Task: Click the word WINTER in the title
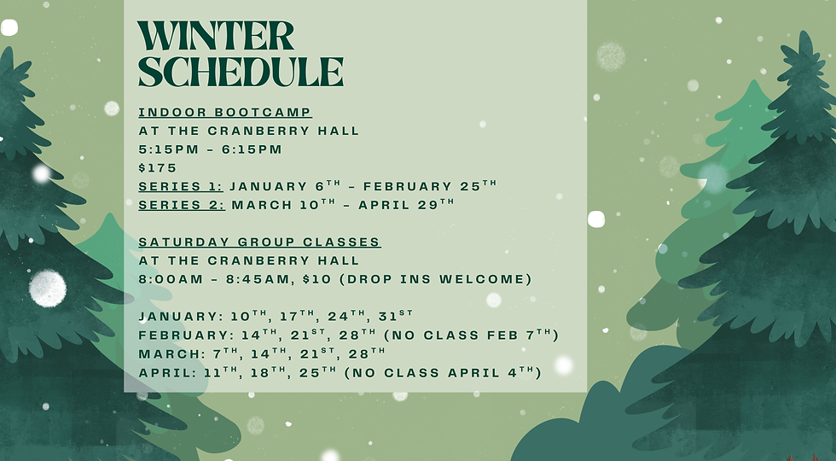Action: tap(216, 37)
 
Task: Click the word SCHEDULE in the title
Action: tap(241, 73)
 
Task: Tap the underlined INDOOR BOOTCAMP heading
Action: tap(225, 112)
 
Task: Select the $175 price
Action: tap(158, 167)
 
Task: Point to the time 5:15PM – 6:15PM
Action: tap(210, 149)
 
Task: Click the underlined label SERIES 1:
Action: tap(181, 186)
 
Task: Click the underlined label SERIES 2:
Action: tap(182, 205)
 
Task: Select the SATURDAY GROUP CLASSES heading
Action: tap(259, 242)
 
